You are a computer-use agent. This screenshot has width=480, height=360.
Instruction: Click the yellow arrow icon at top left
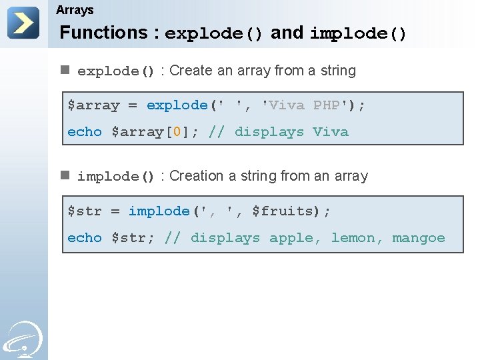23,23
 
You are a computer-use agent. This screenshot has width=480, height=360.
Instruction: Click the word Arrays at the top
75,10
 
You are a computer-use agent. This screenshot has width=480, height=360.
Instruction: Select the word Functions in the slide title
103,33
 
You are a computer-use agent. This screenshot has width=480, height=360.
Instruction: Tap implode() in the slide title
358,33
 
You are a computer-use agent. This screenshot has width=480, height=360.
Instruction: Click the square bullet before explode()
65,69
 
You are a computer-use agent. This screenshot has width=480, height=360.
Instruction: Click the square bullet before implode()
65,175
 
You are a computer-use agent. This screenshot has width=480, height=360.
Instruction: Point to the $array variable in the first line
93,105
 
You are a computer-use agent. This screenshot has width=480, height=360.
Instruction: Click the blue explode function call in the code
177,105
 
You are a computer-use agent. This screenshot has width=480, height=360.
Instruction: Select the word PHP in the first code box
327,105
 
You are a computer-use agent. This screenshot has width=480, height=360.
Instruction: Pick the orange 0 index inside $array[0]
177,132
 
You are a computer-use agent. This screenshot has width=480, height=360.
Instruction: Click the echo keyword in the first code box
85,132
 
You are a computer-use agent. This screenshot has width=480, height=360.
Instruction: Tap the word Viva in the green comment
331,132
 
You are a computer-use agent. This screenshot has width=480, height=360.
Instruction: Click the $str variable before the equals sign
85,211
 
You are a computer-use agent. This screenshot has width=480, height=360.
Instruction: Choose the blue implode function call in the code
159,211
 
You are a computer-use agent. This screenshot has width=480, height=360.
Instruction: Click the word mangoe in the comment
419,238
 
